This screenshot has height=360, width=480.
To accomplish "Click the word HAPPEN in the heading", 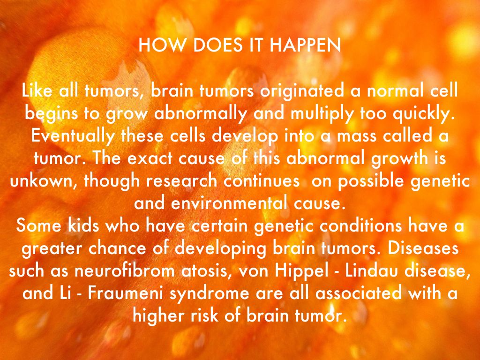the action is pyautogui.click(x=305, y=45).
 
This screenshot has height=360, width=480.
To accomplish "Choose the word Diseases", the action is pyautogui.click(x=423, y=248).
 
